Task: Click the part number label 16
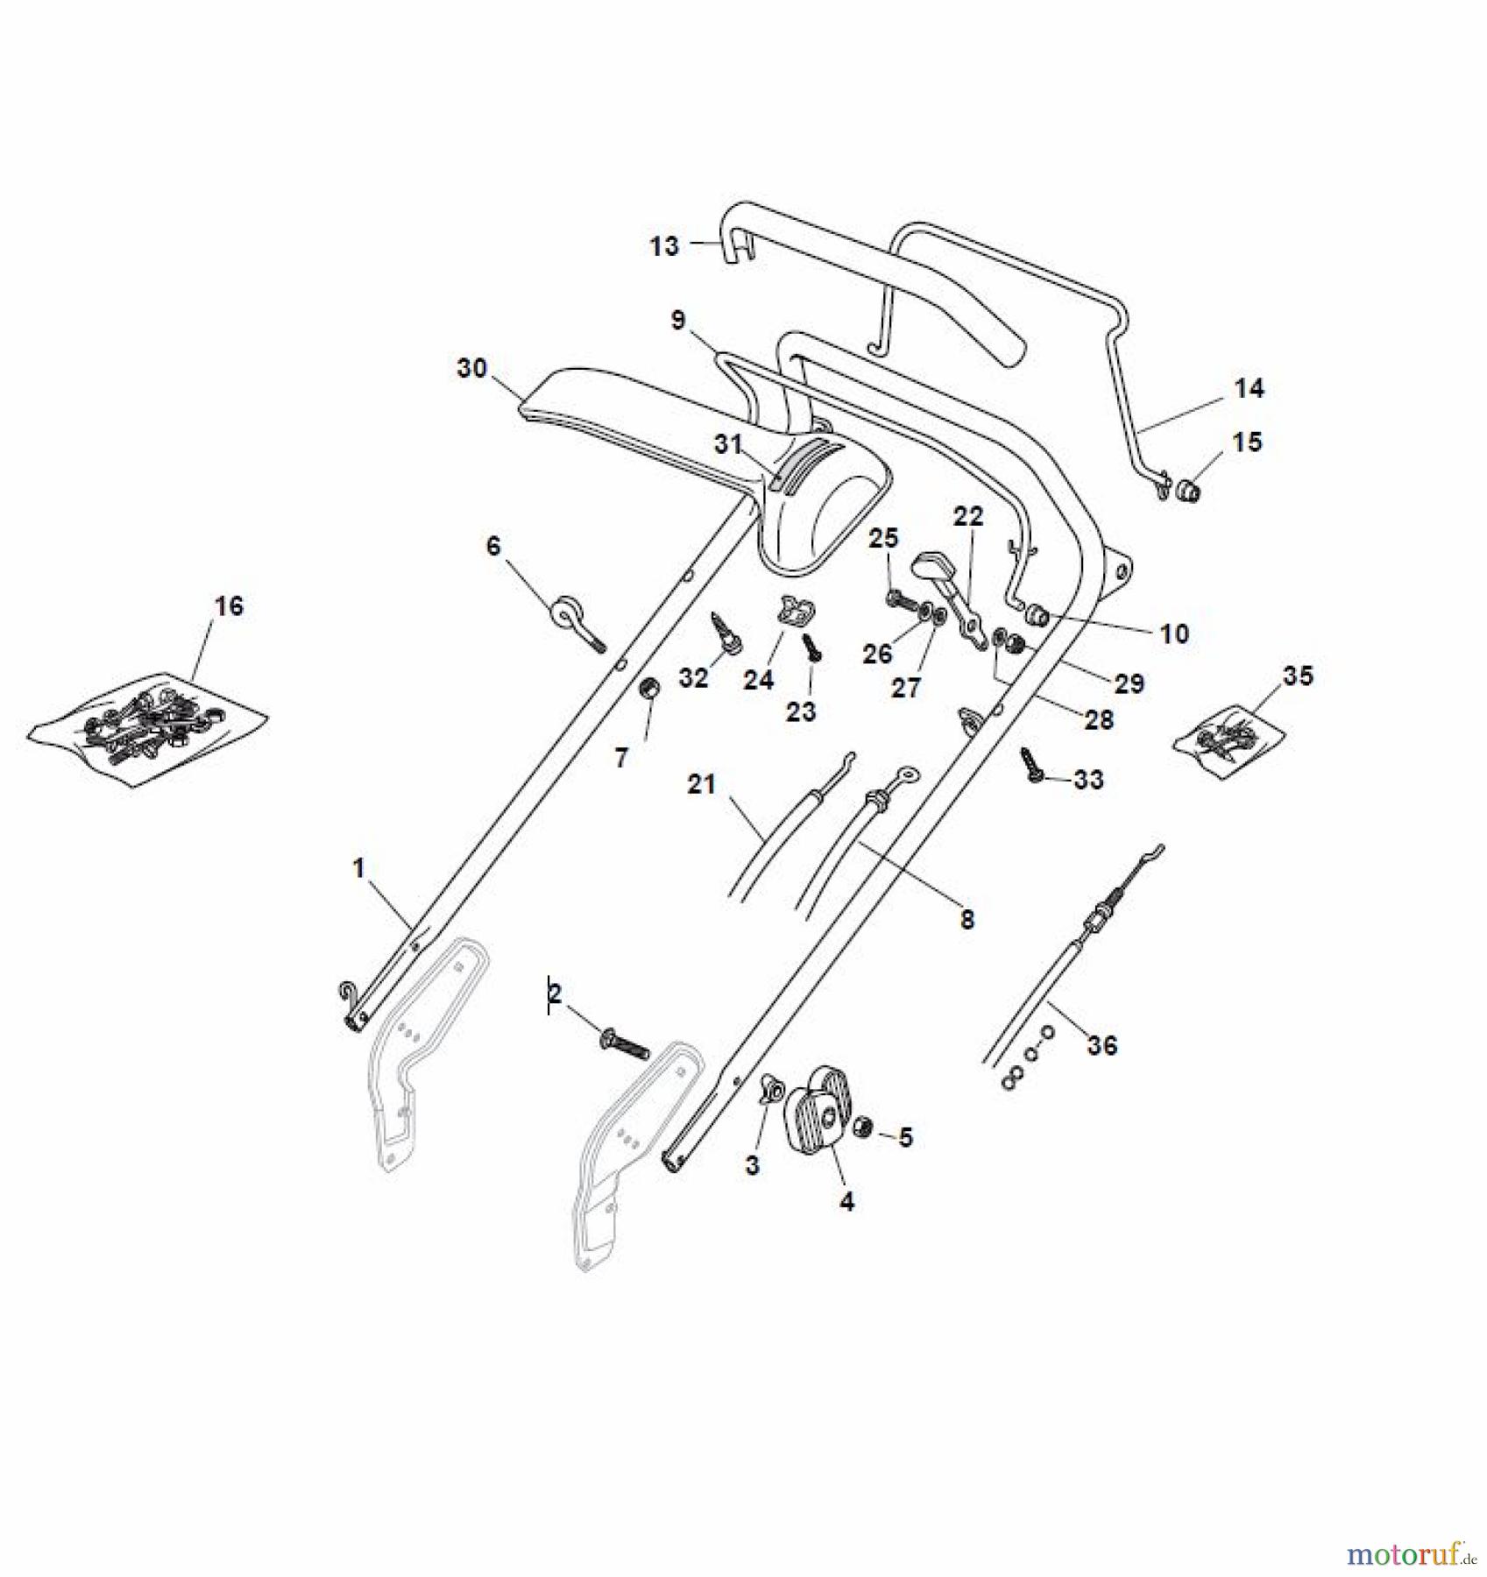(230, 605)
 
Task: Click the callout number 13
(664, 246)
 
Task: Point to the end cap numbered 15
(1187, 488)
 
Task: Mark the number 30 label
(472, 368)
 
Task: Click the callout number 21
(701, 784)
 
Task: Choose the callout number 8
(967, 919)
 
